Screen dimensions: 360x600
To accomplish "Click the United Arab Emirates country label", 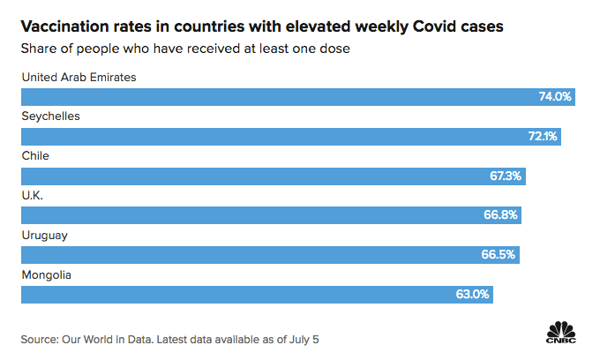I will click(x=79, y=77).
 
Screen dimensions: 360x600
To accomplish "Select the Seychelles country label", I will click(x=50, y=116).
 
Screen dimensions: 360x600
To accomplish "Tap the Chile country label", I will click(x=35, y=155).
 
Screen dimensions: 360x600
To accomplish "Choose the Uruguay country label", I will click(x=45, y=235).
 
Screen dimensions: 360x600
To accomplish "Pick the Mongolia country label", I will click(x=46, y=274).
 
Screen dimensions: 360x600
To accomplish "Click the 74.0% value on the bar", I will click(x=555, y=96).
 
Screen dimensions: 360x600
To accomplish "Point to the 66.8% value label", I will click(x=502, y=215).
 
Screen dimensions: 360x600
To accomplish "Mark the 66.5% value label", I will click(x=500, y=255).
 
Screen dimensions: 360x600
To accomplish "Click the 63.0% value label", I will click(x=473, y=295).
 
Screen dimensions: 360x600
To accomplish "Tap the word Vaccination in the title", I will click(x=67, y=26).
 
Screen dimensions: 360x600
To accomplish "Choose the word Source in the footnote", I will click(x=41, y=339).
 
